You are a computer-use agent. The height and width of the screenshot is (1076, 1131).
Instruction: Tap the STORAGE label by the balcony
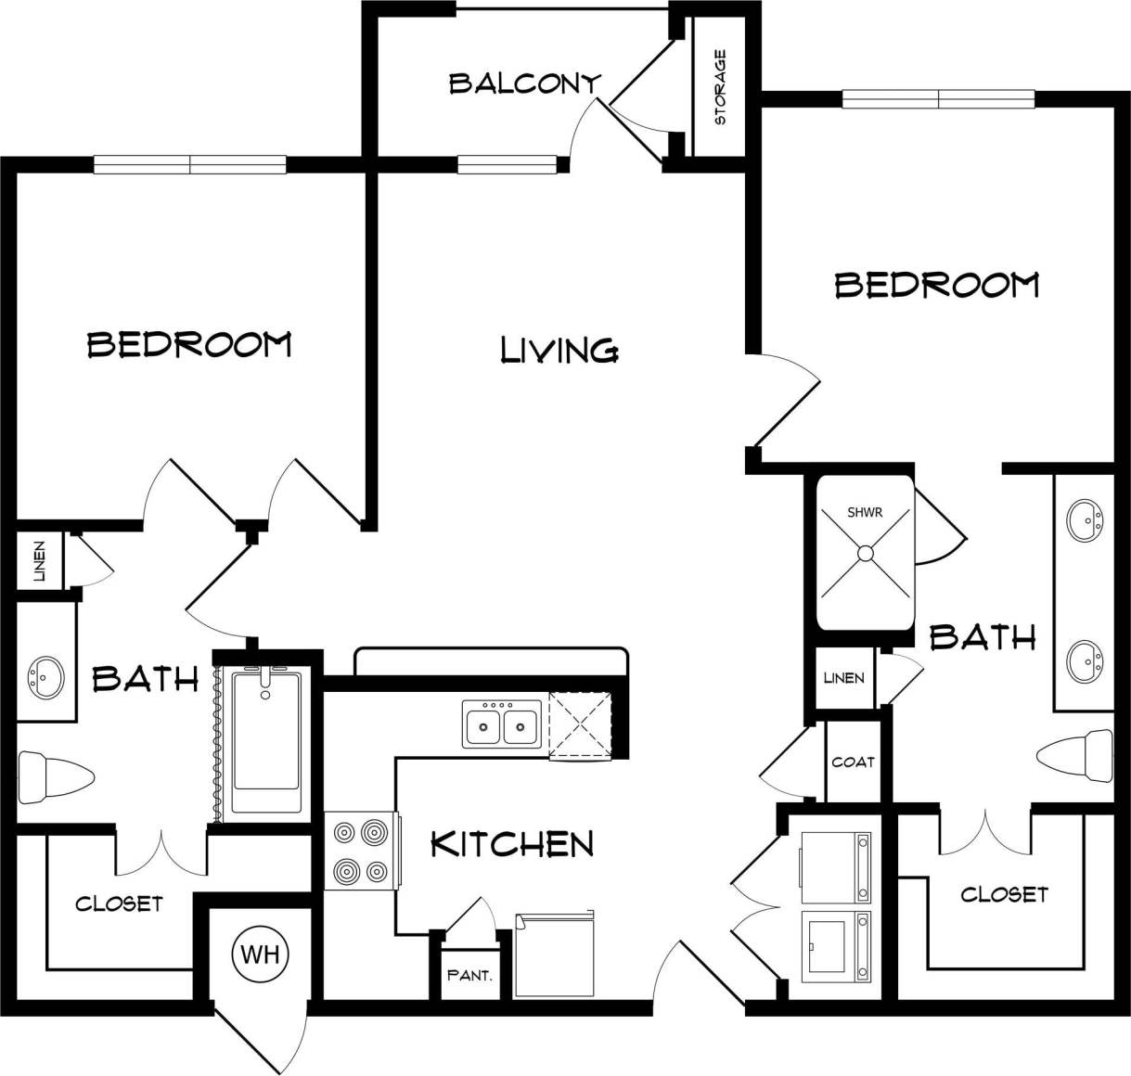point(720,87)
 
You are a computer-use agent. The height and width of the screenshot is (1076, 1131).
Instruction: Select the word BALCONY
point(524,83)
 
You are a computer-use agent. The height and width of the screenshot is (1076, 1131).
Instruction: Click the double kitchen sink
point(502,724)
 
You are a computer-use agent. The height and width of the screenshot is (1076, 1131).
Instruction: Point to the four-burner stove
point(362,850)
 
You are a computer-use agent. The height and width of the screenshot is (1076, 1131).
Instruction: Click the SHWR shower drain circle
point(865,553)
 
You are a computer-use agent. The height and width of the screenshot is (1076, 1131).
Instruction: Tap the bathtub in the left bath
point(266,742)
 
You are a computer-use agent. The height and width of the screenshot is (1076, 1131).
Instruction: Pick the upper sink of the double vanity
point(1084,519)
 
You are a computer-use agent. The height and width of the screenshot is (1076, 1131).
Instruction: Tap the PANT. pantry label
point(469,976)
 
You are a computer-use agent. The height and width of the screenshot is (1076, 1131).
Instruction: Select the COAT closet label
point(853,762)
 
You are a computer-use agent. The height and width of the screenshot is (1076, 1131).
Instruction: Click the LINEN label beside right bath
point(844,678)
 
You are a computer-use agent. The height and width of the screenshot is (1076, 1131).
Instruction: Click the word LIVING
point(559,350)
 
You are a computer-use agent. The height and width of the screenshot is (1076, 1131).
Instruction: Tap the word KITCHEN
point(512,844)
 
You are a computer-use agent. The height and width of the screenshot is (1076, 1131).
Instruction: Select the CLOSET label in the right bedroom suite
point(1004,894)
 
